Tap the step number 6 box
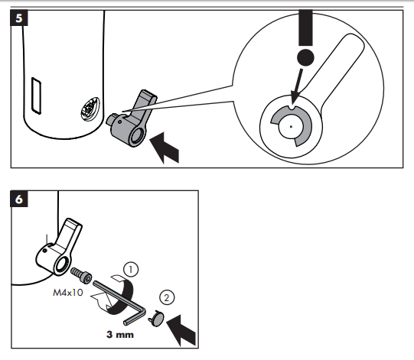point(20,200)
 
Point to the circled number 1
point(132,270)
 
